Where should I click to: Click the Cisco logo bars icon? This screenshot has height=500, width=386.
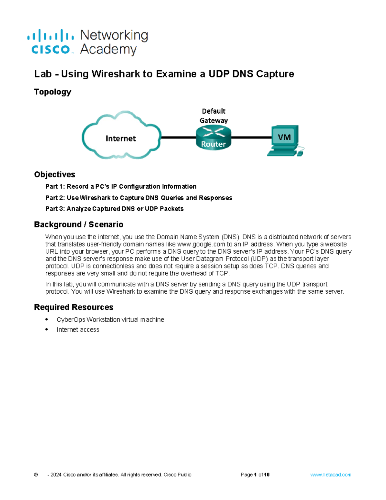51,35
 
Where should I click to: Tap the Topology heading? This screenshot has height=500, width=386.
52,92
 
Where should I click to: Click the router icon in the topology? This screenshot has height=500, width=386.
213,138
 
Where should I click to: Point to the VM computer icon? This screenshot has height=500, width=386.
285,140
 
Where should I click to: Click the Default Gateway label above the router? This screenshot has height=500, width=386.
214,116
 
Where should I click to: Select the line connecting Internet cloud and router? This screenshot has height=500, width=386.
178,137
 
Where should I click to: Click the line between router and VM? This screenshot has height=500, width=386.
251,137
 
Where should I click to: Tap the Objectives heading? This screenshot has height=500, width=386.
54,175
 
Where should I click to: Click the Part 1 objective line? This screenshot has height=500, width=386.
121,186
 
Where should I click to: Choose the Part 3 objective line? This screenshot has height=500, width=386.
114,209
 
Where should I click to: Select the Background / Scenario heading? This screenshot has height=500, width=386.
78,224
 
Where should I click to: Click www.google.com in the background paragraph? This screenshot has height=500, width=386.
201,244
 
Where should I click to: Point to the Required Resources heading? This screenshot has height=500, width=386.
74,307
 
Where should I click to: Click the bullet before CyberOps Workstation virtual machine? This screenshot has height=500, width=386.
47,319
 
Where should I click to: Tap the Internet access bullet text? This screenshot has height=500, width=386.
78,330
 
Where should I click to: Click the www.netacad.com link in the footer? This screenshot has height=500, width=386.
331,475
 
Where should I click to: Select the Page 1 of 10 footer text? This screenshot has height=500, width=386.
255,475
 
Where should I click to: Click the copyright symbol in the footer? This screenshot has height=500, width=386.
36,475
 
